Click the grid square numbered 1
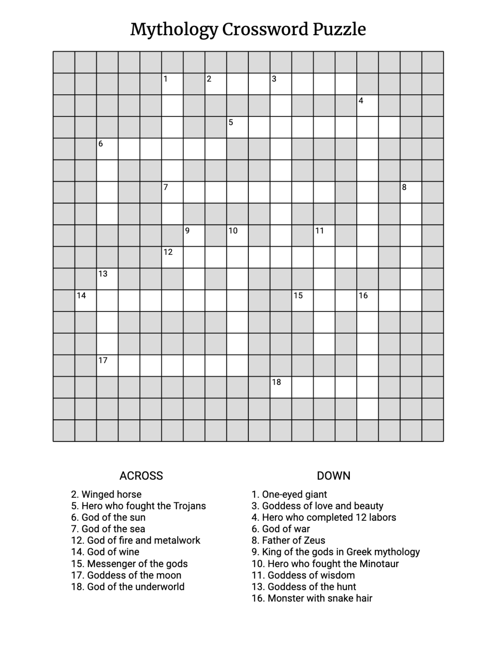(172, 84)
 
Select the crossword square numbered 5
(237, 127)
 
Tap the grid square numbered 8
(411, 192)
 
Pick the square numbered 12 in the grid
(172, 257)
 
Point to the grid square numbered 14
(85, 300)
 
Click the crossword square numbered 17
(107, 366)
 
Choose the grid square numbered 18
(281, 387)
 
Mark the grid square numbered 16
(367, 300)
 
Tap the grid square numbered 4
(367, 105)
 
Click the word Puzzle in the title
(339, 30)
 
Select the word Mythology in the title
(174, 30)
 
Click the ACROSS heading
(141, 476)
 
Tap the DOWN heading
(333, 476)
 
